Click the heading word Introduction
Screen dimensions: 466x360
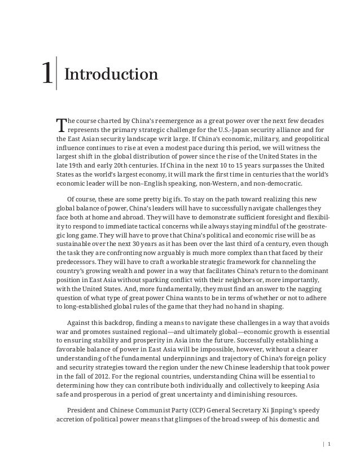click(111, 74)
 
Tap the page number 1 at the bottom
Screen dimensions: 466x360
click(328, 443)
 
